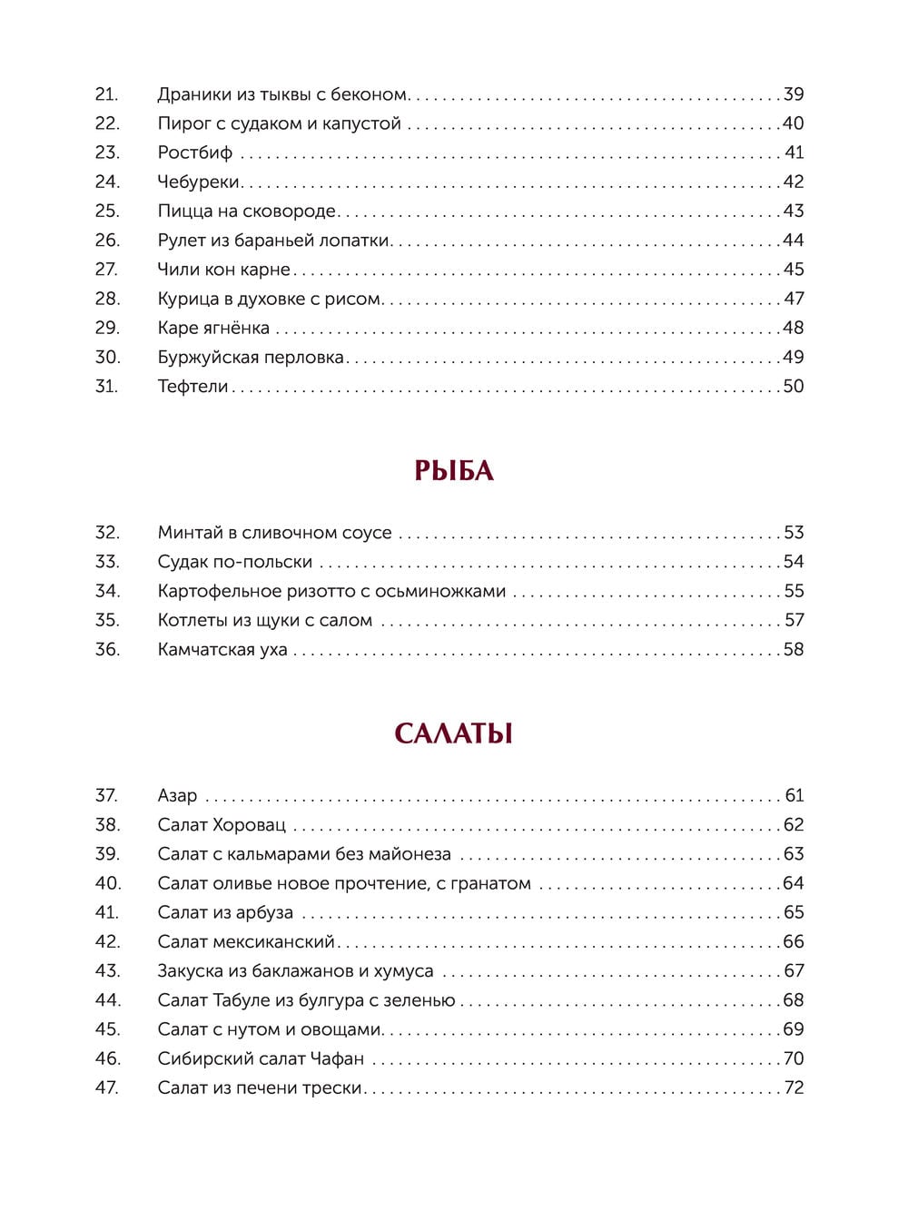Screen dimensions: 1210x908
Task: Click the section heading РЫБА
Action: click(453, 470)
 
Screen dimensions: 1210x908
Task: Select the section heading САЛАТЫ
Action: click(453, 733)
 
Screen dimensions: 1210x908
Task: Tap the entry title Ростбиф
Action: click(195, 152)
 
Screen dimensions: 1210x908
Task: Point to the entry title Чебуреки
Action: click(199, 182)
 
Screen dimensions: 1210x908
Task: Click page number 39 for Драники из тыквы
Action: click(794, 94)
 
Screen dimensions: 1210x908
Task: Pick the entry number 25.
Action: click(107, 211)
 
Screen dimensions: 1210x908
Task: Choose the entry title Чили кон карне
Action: click(224, 270)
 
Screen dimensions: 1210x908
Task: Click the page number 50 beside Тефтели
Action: click(794, 387)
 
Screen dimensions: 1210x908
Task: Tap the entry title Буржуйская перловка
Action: click(251, 358)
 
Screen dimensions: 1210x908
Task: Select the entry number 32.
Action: click(107, 533)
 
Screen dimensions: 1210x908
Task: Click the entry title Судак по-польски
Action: click(235, 562)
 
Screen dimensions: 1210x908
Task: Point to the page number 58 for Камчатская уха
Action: click(794, 650)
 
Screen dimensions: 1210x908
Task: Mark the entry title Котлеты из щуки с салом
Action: click(265, 621)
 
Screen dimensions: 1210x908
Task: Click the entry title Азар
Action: click(177, 796)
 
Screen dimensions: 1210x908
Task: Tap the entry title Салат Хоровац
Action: click(222, 825)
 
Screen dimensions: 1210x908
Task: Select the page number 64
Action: click(794, 883)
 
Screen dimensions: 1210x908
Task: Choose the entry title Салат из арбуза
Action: click(225, 913)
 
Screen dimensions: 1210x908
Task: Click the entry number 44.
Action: click(107, 1000)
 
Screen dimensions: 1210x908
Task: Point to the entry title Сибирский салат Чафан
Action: click(261, 1058)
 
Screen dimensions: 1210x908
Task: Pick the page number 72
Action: click(794, 1088)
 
